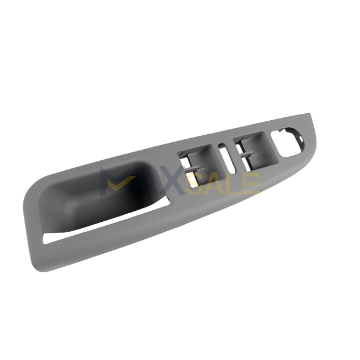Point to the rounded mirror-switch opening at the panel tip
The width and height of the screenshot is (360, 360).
click(x=287, y=142)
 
